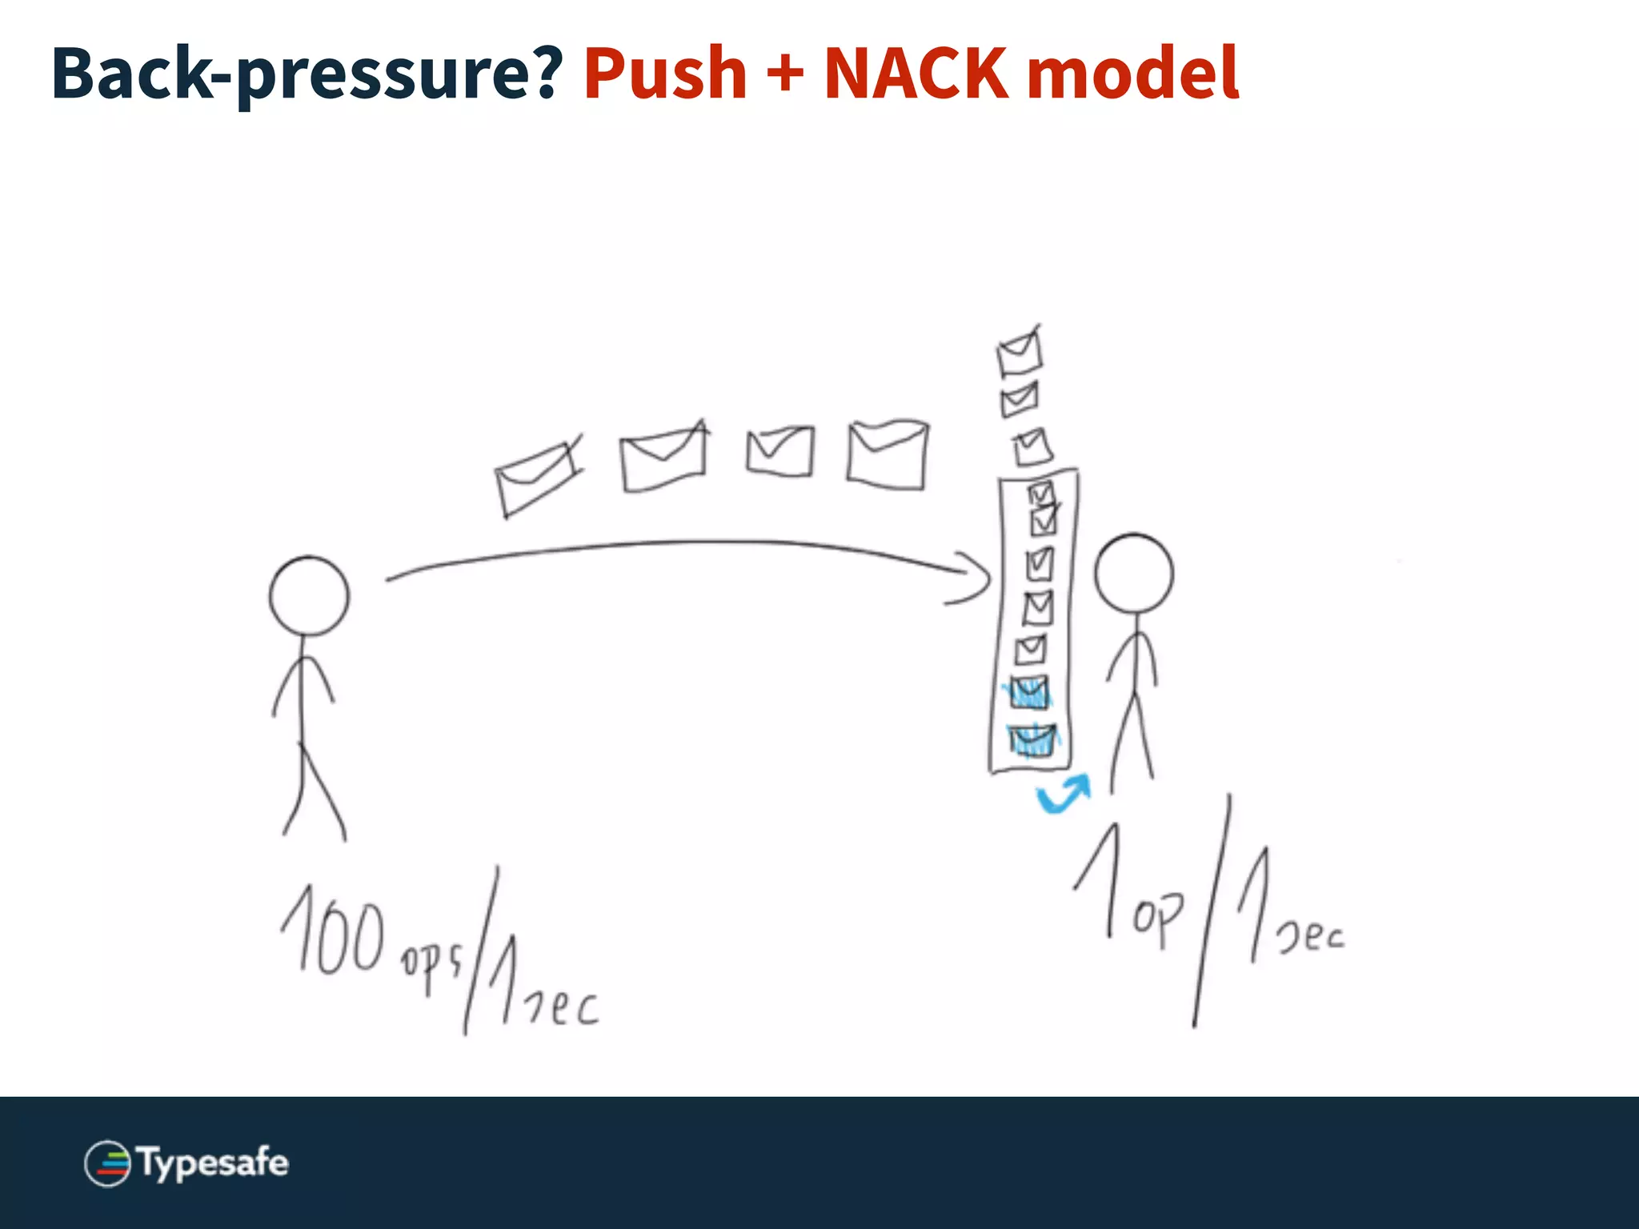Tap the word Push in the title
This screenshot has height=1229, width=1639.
click(665, 74)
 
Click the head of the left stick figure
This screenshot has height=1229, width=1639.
click(309, 596)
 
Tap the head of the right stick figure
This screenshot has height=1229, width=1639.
click(1133, 574)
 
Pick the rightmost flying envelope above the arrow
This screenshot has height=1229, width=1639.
click(888, 454)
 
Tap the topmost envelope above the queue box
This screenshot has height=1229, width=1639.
click(1020, 352)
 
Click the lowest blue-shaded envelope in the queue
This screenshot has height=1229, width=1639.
click(1032, 740)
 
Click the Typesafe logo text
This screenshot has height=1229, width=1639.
click(213, 1163)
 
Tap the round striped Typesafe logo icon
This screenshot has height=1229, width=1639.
click(107, 1163)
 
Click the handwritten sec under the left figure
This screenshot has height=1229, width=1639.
click(563, 1006)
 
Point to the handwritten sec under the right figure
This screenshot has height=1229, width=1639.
click(1310, 935)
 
